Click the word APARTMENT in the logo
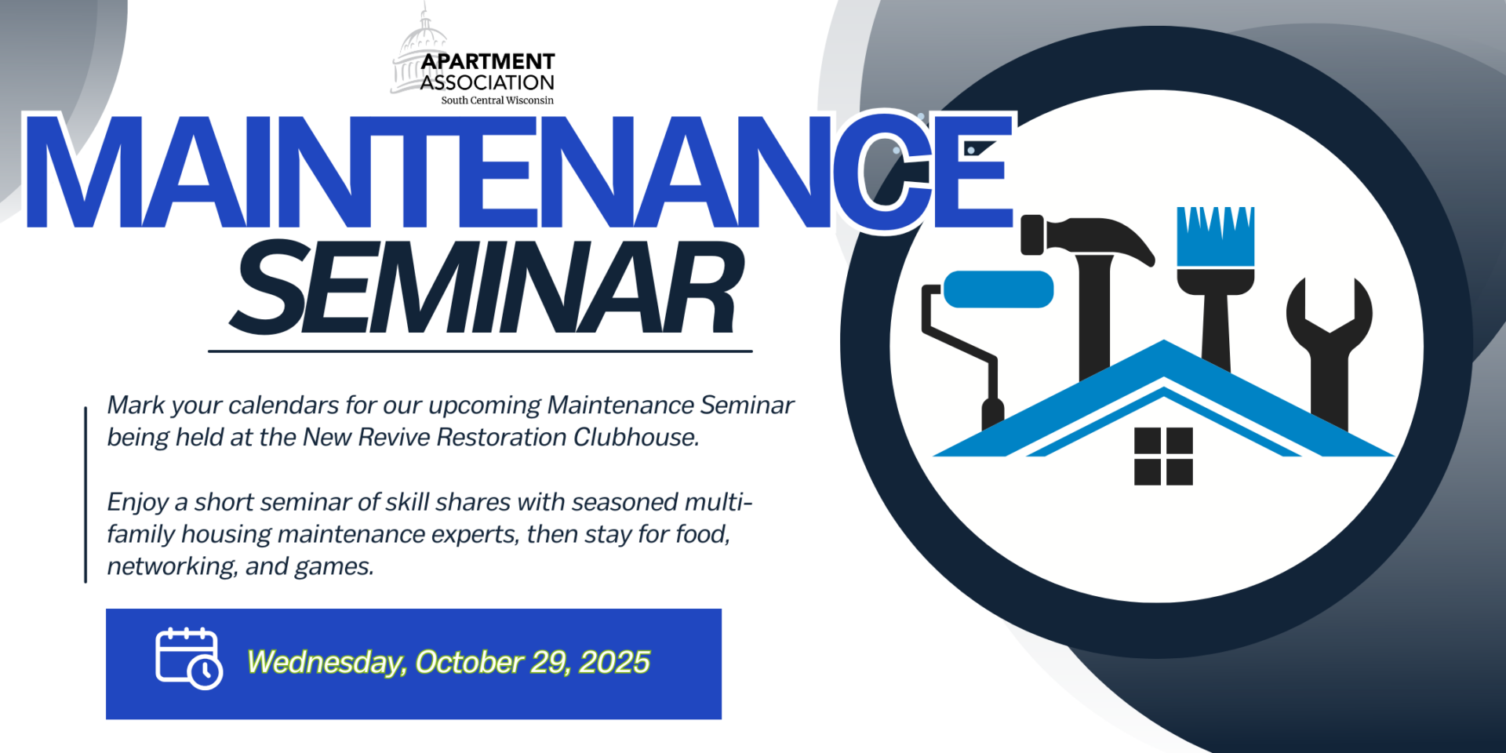click(488, 61)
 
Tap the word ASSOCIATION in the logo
click(487, 82)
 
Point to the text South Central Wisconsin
click(497, 100)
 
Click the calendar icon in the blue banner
click(189, 658)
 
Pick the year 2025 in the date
click(614, 663)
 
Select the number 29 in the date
click(550, 663)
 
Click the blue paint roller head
click(998, 289)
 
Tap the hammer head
click(1086, 238)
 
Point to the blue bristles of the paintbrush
click(1215, 236)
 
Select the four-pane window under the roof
click(1163, 457)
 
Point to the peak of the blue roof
click(1164, 342)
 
